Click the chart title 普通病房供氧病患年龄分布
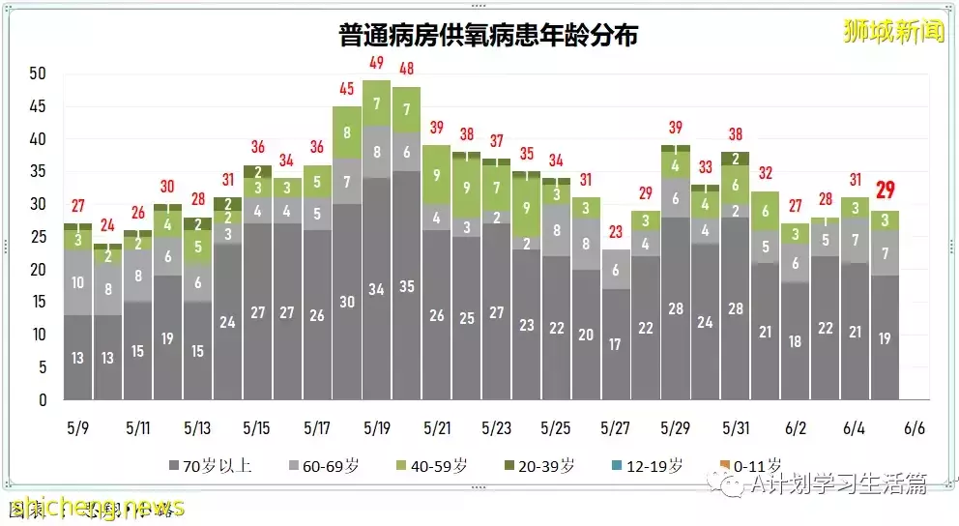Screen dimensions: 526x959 pos(488,37)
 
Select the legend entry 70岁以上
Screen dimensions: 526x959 pos(211,465)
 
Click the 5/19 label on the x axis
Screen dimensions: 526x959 pos(376,427)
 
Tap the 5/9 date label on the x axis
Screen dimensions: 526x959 pos(77,427)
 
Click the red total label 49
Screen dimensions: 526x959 pos(376,63)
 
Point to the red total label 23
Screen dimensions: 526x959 pos(615,232)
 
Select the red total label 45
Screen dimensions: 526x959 pos(346,90)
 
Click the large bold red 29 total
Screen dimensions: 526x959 pos(884,190)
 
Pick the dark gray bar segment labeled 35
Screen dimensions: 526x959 pos(406,286)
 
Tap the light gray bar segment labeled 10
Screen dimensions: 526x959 pos(77,282)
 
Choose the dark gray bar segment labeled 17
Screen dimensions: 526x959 pos(615,343)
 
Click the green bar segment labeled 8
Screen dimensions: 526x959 pos(346,133)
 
